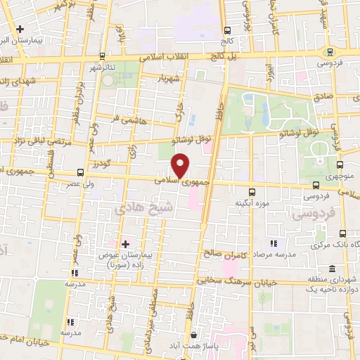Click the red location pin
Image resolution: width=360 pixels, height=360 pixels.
click(x=181, y=166)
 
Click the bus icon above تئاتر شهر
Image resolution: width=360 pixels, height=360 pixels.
click(x=103, y=56)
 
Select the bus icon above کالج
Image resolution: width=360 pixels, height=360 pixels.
click(x=227, y=30)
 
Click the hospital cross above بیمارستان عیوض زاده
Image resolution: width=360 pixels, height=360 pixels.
click(x=126, y=244)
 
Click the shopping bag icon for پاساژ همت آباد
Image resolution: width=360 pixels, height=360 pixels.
click(x=204, y=335)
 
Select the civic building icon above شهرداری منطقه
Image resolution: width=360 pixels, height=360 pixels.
click(x=331, y=269)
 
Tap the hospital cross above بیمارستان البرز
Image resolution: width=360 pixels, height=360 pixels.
click(x=20, y=30)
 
